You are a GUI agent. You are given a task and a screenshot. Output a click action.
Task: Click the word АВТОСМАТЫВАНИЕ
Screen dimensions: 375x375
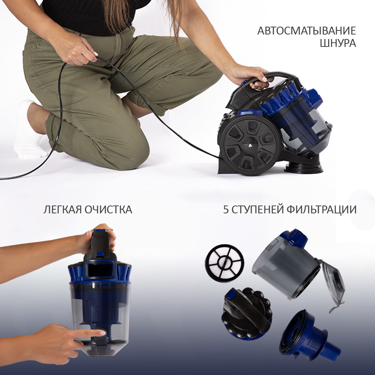[307, 31]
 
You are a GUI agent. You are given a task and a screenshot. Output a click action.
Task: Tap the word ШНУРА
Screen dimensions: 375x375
[338, 43]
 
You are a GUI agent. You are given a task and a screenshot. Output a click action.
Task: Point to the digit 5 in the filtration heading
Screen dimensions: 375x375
[226, 210]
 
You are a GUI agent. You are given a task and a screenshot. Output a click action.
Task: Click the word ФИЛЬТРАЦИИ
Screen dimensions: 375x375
[321, 210]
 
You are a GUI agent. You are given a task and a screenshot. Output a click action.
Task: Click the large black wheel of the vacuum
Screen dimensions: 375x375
[250, 145]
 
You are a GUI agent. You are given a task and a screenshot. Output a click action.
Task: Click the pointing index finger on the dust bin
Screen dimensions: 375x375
[90, 333]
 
